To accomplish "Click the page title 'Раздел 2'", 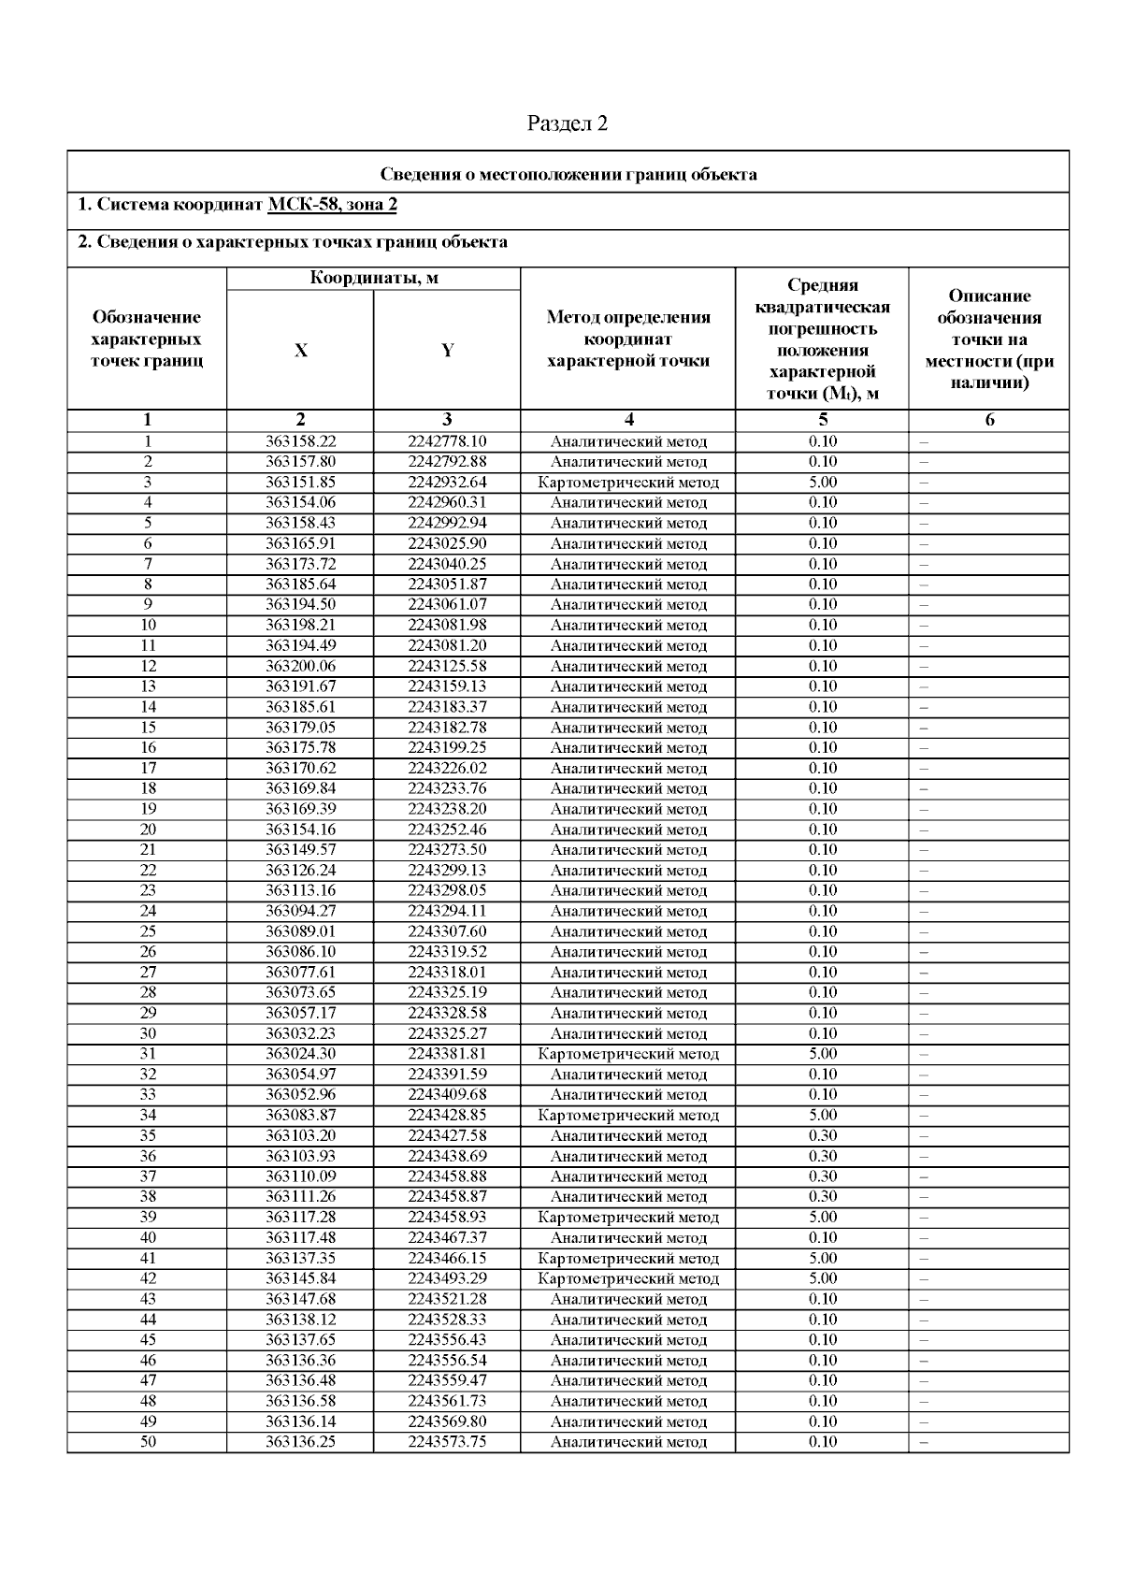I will coord(568,123).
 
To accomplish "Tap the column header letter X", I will coord(300,351).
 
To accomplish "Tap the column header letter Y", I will coord(447,351).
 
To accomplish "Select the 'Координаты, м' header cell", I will coord(373,278).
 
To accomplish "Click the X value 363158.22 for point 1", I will coord(300,441).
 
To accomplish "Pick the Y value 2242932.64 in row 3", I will coord(447,483).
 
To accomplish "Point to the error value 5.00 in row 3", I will coord(822,483).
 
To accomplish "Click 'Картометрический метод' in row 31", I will coord(628,1054).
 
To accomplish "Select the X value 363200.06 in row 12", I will coord(300,666).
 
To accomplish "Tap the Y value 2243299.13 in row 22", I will coord(447,870).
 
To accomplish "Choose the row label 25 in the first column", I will coord(148,931).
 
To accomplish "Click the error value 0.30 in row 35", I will coord(822,1135).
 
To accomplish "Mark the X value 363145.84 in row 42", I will coord(300,1278).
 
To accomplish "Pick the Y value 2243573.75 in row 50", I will coord(447,1441).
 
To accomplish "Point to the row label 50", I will coord(148,1441).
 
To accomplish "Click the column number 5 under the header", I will coord(822,420).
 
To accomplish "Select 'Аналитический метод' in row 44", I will coord(628,1320).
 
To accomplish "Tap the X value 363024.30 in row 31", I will coord(300,1054).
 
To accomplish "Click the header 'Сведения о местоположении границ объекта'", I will coord(568,175).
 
